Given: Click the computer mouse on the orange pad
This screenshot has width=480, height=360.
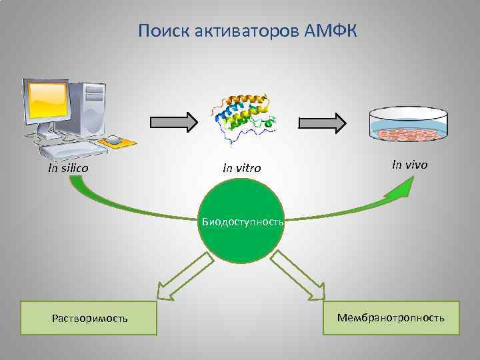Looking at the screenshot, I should (115, 141).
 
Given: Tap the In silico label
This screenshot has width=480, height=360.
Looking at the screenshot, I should (68, 168).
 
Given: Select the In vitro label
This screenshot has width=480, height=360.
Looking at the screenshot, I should (241, 169).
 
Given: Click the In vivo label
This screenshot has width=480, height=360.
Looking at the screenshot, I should (409, 164).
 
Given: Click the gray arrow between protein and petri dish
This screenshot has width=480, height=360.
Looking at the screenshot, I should (322, 122).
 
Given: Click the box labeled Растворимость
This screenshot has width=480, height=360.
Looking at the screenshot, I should (89, 318).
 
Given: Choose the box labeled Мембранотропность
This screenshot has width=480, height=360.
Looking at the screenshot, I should (390, 317).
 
